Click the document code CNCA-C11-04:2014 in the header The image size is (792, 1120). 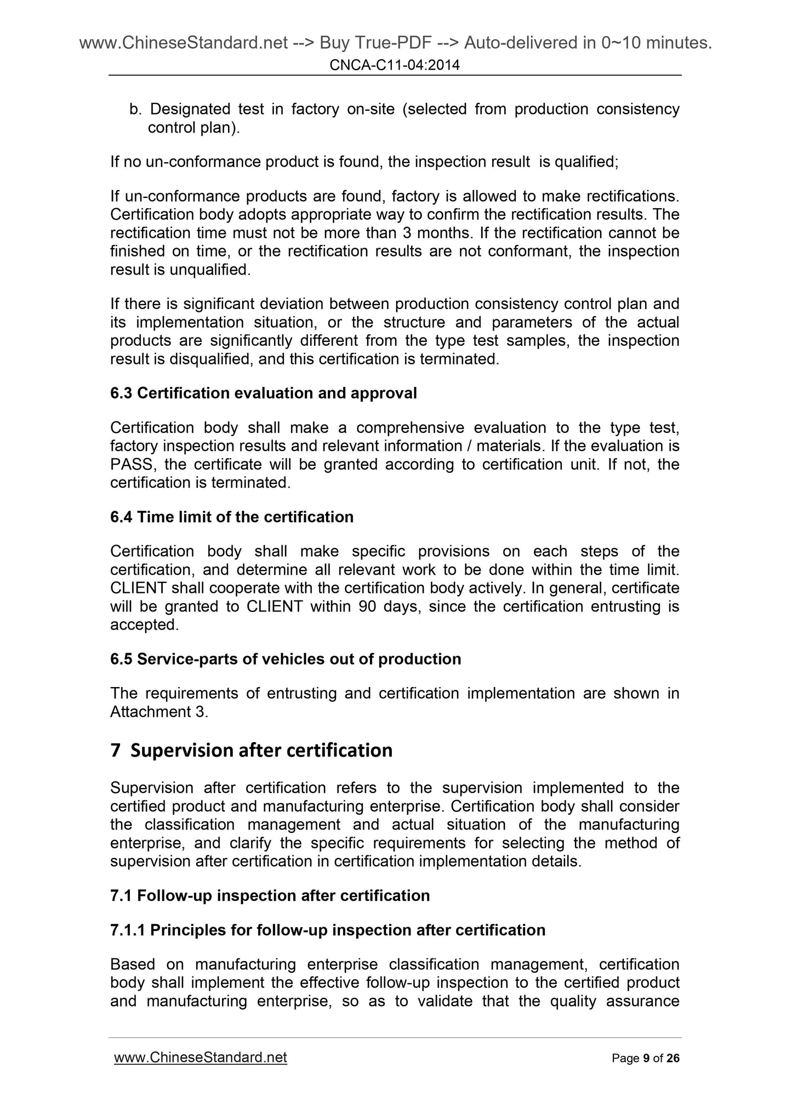(x=395, y=66)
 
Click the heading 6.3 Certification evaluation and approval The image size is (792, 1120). (x=263, y=393)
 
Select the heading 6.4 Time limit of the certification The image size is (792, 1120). (x=231, y=517)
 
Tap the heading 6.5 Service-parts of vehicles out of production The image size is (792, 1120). (x=285, y=659)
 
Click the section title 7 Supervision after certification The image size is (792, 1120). (x=251, y=750)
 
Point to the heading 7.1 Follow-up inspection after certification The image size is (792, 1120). (x=270, y=895)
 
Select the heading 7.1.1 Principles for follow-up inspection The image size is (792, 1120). (x=327, y=930)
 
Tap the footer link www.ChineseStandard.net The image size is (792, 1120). (x=200, y=1057)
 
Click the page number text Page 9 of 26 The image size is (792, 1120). (x=645, y=1058)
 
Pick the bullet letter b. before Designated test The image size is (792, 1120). (x=135, y=110)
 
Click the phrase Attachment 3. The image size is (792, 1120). (x=159, y=712)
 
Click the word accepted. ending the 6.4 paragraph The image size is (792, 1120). (x=144, y=625)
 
